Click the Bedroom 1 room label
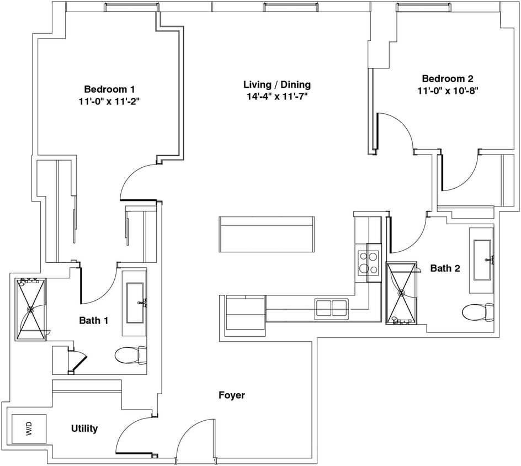[x=109, y=89]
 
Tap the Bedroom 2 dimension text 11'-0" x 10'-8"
[x=447, y=91]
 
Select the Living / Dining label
[x=277, y=84]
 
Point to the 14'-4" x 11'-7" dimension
[x=277, y=97]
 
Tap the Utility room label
[x=84, y=428]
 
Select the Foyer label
[x=231, y=395]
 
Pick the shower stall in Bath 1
[x=31, y=309]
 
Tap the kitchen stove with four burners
[x=368, y=262]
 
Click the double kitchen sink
[x=331, y=309]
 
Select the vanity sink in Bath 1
[x=135, y=302]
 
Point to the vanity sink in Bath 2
[x=481, y=260]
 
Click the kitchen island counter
[x=267, y=234]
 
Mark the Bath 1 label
[x=94, y=320]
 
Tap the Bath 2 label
[x=445, y=268]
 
